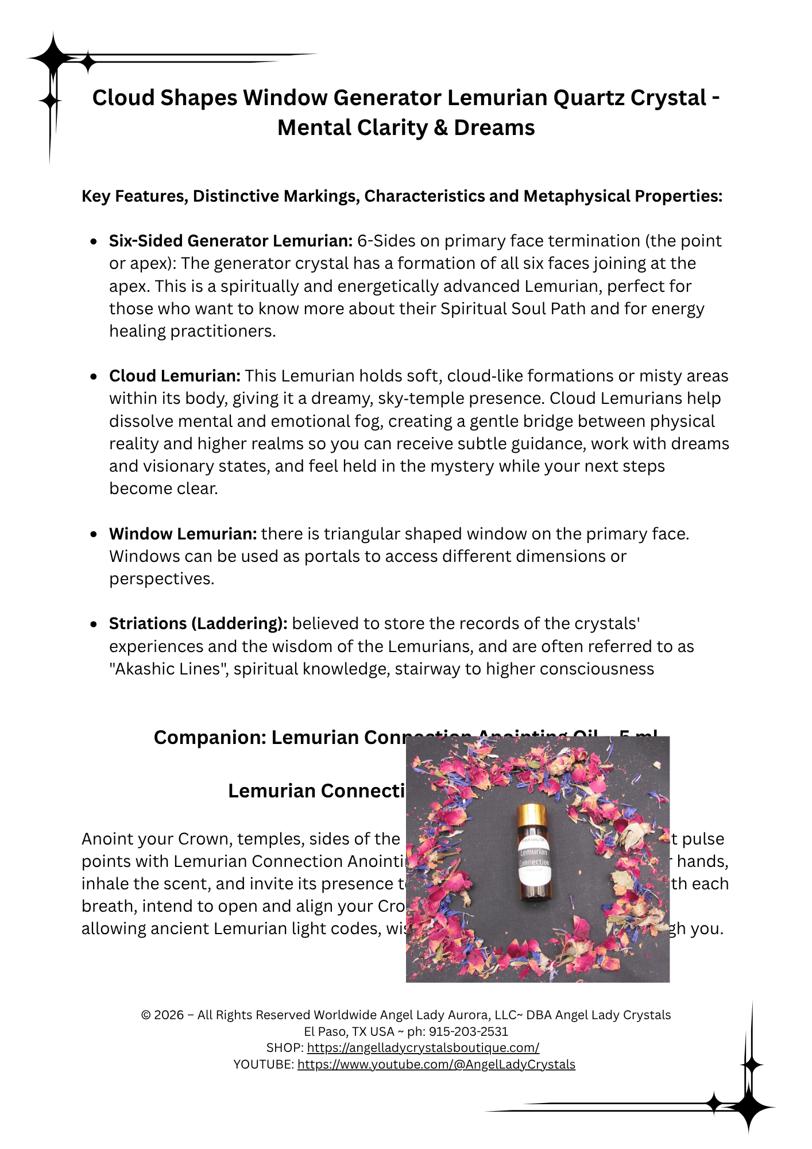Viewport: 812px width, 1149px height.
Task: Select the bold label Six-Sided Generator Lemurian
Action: [231, 241]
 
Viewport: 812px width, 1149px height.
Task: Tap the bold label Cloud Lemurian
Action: [175, 376]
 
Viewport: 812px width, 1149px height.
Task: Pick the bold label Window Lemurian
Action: [183, 534]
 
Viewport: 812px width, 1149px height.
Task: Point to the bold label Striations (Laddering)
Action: [198, 623]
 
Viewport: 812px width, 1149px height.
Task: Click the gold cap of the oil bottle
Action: [531, 815]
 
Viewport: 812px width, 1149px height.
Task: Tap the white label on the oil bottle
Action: [534, 858]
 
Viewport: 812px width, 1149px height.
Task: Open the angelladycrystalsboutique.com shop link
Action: [423, 1047]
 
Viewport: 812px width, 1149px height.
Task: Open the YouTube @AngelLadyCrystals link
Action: [436, 1064]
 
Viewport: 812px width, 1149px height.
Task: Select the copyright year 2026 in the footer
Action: [169, 1015]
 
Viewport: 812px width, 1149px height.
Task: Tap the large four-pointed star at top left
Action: [53, 58]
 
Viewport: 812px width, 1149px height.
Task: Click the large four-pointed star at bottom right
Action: [749, 1106]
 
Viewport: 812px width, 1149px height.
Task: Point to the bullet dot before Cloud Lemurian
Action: [94, 376]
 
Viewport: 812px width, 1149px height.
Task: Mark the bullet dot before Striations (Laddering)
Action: [94, 624]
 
